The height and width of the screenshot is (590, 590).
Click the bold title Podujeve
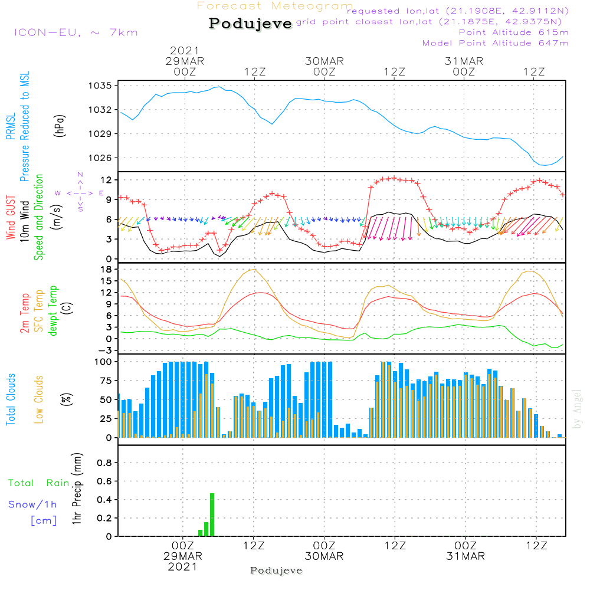click(x=250, y=24)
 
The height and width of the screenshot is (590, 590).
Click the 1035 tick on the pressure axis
click(x=100, y=86)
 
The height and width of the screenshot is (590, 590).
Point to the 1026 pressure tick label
click(x=100, y=158)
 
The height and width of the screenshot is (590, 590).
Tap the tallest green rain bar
click(x=212, y=514)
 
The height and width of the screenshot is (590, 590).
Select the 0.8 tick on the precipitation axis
click(x=104, y=463)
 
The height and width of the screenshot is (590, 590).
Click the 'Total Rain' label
click(x=39, y=483)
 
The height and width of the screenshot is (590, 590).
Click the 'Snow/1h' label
click(x=32, y=504)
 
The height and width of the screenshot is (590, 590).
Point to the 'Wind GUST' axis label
click(x=11, y=217)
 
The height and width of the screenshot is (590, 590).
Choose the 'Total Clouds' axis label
click(x=11, y=399)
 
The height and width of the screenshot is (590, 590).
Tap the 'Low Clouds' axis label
click(x=39, y=399)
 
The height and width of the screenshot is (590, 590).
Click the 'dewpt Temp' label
click(x=53, y=310)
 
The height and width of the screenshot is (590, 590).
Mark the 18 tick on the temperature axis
click(x=106, y=270)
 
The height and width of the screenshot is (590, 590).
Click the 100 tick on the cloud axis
click(x=103, y=362)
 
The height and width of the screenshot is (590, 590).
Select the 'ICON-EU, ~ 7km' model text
click(x=76, y=32)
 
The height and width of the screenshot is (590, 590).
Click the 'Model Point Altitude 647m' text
click(x=495, y=43)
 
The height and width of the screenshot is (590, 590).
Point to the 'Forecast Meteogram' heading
click(x=275, y=6)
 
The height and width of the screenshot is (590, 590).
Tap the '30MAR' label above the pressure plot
click(x=324, y=61)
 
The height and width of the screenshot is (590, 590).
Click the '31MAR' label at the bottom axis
click(x=466, y=556)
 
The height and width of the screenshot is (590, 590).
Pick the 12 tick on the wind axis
click(x=106, y=180)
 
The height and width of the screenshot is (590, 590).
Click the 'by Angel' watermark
click(x=577, y=409)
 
